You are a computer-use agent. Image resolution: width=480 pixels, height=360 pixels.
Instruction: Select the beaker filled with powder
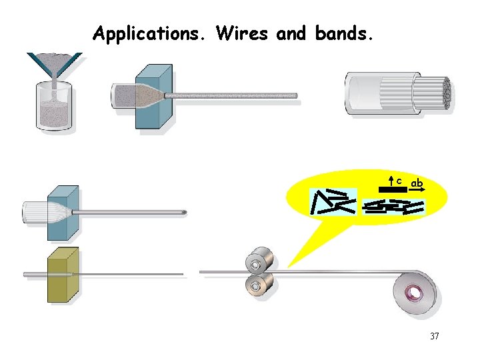click(x=53, y=107)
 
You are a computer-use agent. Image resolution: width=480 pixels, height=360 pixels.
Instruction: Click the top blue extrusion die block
click(x=153, y=97)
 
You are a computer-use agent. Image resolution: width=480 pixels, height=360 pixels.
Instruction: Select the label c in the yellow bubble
click(x=399, y=181)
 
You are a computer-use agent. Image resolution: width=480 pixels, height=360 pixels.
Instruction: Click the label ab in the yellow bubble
click(x=417, y=182)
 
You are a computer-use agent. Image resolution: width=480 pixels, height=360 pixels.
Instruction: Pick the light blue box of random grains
click(x=333, y=202)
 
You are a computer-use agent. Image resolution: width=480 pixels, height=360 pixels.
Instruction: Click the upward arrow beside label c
click(x=391, y=181)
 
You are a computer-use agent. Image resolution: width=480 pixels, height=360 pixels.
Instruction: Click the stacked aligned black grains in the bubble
click(x=393, y=207)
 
